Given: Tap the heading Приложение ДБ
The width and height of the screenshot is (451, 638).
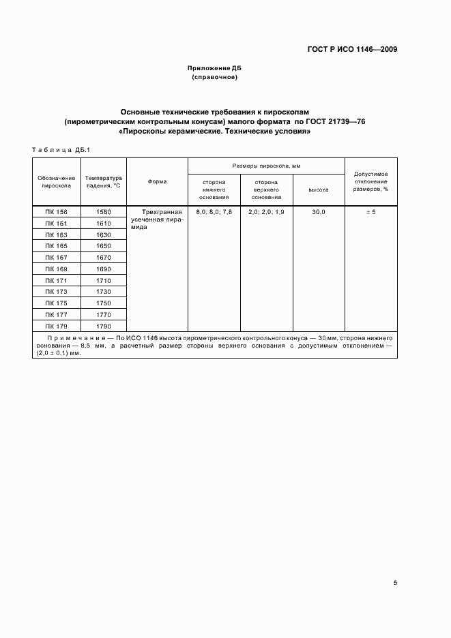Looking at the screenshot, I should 215,69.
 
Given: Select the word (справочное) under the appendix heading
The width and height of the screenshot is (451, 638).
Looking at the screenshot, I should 215,78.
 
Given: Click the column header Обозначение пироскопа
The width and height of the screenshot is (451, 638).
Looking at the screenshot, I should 57,181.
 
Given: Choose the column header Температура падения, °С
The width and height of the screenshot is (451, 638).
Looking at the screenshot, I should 103,181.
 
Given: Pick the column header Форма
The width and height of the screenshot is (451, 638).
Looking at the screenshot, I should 157,181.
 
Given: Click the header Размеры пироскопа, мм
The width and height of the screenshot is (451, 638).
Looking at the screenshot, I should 266,166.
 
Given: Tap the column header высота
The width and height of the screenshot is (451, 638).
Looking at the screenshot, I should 319,189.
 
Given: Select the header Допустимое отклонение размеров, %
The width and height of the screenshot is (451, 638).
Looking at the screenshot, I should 371,181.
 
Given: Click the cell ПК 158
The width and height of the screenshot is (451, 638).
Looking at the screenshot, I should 57,212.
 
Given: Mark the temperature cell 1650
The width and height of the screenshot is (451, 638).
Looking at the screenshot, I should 104,245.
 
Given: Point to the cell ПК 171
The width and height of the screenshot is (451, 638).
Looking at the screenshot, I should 57,280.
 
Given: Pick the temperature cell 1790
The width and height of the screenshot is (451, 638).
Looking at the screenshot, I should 104,326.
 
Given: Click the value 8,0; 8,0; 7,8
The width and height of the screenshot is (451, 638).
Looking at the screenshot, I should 214,212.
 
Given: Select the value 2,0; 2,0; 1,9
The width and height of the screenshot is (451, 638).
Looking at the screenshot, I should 266,212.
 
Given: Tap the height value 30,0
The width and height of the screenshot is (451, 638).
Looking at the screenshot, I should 319,212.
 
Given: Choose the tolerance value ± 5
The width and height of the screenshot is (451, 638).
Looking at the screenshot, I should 371,212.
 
